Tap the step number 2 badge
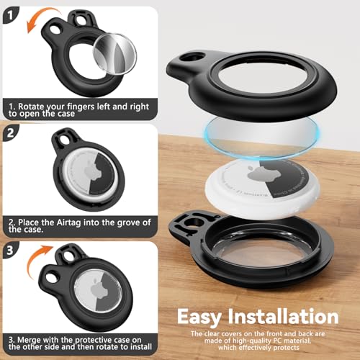click(x=11, y=133)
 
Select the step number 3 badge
click(x=11, y=251)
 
